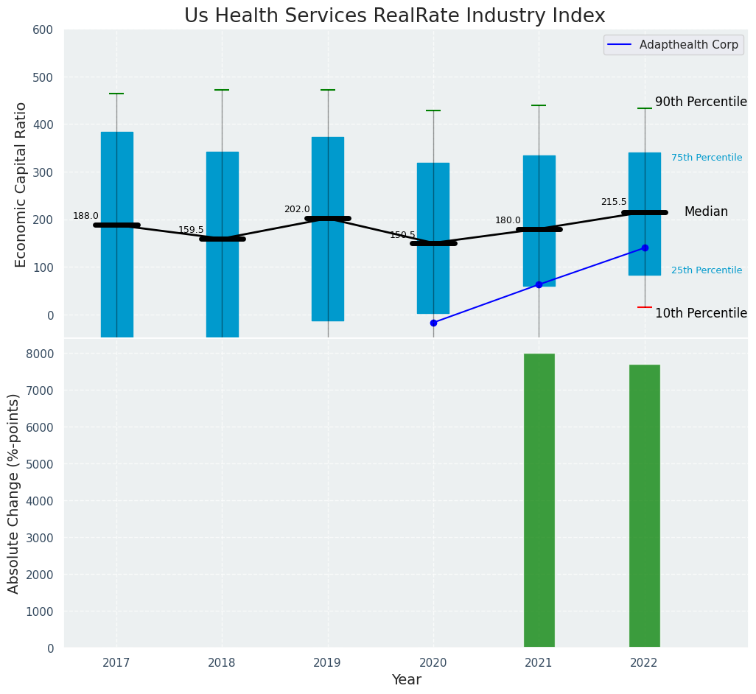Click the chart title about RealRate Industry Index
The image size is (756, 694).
click(x=394, y=16)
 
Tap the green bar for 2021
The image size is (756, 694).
click(x=539, y=500)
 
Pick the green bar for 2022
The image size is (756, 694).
click(x=644, y=506)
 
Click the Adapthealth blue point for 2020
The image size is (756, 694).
click(x=433, y=323)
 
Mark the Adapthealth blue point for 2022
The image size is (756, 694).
click(x=645, y=248)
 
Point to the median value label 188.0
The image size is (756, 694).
click(x=85, y=216)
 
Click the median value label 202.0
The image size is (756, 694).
click(x=297, y=209)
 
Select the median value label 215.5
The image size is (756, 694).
click(x=614, y=202)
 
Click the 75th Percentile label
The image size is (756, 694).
click(x=707, y=158)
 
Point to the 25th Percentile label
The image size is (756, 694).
click(x=707, y=270)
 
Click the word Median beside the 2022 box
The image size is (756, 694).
click(x=706, y=212)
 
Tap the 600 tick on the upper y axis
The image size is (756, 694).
click(x=43, y=29)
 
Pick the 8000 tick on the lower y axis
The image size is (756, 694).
click(x=40, y=354)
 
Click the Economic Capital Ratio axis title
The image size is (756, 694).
click(x=21, y=184)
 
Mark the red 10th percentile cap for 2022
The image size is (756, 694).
click(x=645, y=307)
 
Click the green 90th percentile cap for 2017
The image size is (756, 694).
click(x=116, y=94)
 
